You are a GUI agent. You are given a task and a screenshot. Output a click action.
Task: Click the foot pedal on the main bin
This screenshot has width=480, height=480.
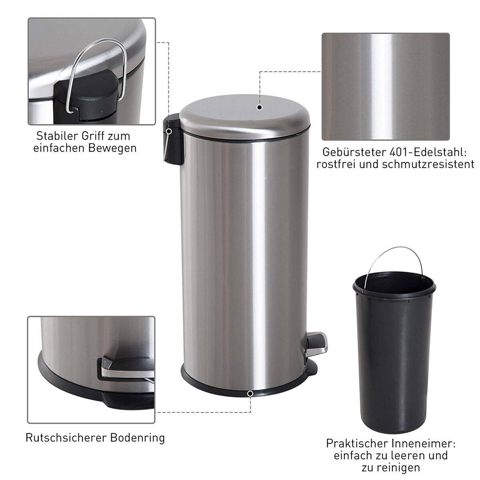pos(316,342)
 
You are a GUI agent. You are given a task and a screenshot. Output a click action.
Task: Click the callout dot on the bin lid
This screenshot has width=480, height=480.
pos(260,107)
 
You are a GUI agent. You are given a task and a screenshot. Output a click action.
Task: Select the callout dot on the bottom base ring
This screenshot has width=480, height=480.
pos(250,394)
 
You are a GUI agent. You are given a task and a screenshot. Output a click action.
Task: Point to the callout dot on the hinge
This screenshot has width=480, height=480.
pos(169,131)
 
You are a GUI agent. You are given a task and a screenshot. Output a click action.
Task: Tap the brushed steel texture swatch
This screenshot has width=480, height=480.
pos(386,86)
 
